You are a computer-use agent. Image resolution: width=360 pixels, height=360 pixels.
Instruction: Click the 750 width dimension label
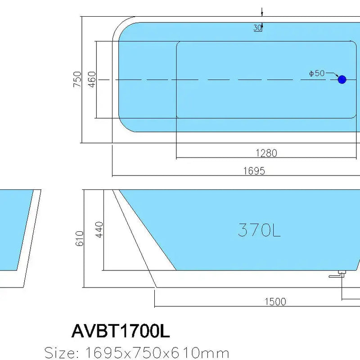coord(78,79)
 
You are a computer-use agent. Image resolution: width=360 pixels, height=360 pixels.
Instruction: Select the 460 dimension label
coord(91,79)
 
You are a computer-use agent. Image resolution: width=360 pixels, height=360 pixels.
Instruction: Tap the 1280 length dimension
coord(266,153)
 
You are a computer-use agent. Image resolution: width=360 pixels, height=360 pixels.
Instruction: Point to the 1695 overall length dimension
coord(254,171)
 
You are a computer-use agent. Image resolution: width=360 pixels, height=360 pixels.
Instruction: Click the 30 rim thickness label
coord(257,27)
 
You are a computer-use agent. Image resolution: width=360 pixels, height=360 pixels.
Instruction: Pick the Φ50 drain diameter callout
coord(317,73)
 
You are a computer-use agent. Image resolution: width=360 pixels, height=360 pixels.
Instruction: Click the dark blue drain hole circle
coord(342,80)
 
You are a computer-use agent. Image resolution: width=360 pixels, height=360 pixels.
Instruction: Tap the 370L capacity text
coord(259,230)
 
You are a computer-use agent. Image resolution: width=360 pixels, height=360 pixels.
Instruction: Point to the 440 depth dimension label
coord(99,229)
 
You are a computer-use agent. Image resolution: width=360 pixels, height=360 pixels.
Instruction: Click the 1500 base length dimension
coord(275,301)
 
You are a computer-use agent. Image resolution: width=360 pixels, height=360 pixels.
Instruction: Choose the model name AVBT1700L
coord(121,332)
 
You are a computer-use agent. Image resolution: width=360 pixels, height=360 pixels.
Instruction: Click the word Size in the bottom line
coord(59,352)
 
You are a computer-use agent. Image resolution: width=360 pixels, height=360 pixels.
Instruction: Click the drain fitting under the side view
coord(339,274)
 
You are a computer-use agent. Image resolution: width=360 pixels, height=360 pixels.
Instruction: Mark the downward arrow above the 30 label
coord(261,12)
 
